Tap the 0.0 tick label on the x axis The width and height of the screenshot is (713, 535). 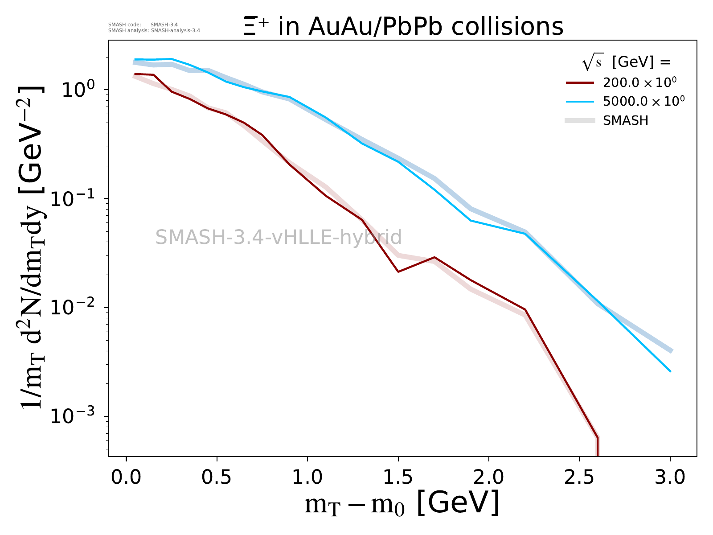point(126,477)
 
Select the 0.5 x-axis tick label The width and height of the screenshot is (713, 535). point(216,477)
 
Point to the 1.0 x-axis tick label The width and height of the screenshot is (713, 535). point(307,477)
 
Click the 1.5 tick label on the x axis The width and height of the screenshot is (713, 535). point(398,477)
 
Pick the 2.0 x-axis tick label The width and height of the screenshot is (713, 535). point(488,477)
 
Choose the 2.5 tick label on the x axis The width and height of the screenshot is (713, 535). point(579,477)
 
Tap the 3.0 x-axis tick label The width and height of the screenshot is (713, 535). point(670,477)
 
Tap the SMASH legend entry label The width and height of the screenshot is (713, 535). point(626,120)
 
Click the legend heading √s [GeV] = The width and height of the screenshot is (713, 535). point(626,62)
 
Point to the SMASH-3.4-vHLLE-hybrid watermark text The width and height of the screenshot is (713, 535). point(279,237)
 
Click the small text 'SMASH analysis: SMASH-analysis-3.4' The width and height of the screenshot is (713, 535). point(154,30)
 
